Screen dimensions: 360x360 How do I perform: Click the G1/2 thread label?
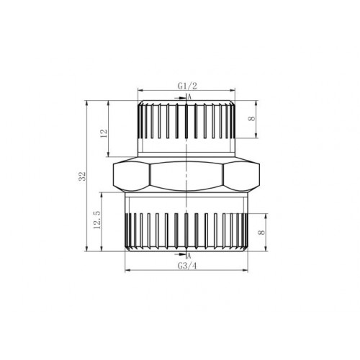pos(187,86)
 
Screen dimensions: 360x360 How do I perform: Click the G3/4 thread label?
pos(187,266)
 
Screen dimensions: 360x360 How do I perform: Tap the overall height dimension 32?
pos(82,176)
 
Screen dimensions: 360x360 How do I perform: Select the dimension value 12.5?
pos(97,220)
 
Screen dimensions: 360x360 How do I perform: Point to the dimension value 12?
pos(104,133)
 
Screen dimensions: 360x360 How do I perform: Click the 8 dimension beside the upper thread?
pos(252,119)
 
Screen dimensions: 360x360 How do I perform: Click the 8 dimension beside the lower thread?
pos(261,233)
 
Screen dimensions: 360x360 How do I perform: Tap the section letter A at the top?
pos(189,97)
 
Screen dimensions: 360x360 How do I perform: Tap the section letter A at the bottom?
pos(189,256)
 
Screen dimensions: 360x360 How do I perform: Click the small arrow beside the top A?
pos(180,98)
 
